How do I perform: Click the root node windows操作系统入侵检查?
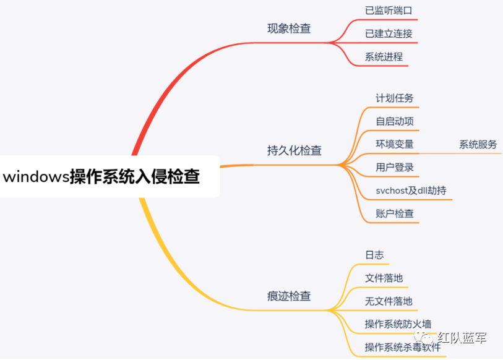[x=102, y=177]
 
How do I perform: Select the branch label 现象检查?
[x=289, y=28]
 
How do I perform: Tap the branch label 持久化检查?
[x=294, y=151]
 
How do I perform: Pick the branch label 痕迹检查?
[x=289, y=296]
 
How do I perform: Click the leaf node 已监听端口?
[x=389, y=11]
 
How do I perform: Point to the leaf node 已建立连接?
[x=389, y=33]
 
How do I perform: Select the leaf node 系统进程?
[x=384, y=57]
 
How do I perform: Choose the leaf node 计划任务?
[x=395, y=98]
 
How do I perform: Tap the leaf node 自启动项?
[x=395, y=121]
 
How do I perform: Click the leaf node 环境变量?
[x=395, y=144]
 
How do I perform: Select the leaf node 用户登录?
[x=395, y=167]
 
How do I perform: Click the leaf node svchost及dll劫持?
[x=411, y=191]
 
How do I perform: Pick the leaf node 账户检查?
[x=395, y=213]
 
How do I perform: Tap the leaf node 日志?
[x=374, y=255]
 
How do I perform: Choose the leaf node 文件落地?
[x=384, y=278]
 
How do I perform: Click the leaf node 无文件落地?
[x=389, y=301]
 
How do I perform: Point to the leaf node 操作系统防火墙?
[x=398, y=324]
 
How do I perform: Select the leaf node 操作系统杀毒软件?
[x=403, y=347]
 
